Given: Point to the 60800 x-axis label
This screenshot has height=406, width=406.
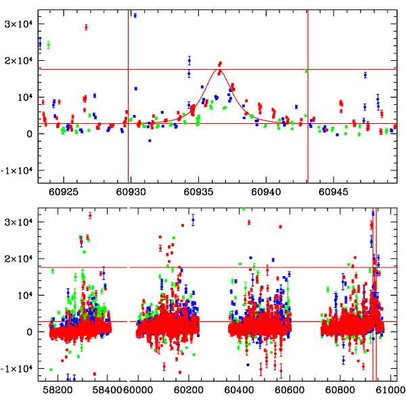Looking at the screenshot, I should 338,390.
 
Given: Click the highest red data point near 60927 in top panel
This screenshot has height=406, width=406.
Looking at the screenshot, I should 86,27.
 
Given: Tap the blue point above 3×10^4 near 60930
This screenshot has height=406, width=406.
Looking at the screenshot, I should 135,15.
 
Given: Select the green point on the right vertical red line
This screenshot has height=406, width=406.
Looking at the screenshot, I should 307,70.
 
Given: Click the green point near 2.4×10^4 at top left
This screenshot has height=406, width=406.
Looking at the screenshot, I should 48,45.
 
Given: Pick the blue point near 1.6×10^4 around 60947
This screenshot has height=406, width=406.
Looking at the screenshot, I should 365,75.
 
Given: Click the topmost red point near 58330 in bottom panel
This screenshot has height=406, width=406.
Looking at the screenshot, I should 90,215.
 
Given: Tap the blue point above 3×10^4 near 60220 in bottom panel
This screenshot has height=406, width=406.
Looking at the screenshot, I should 193,219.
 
